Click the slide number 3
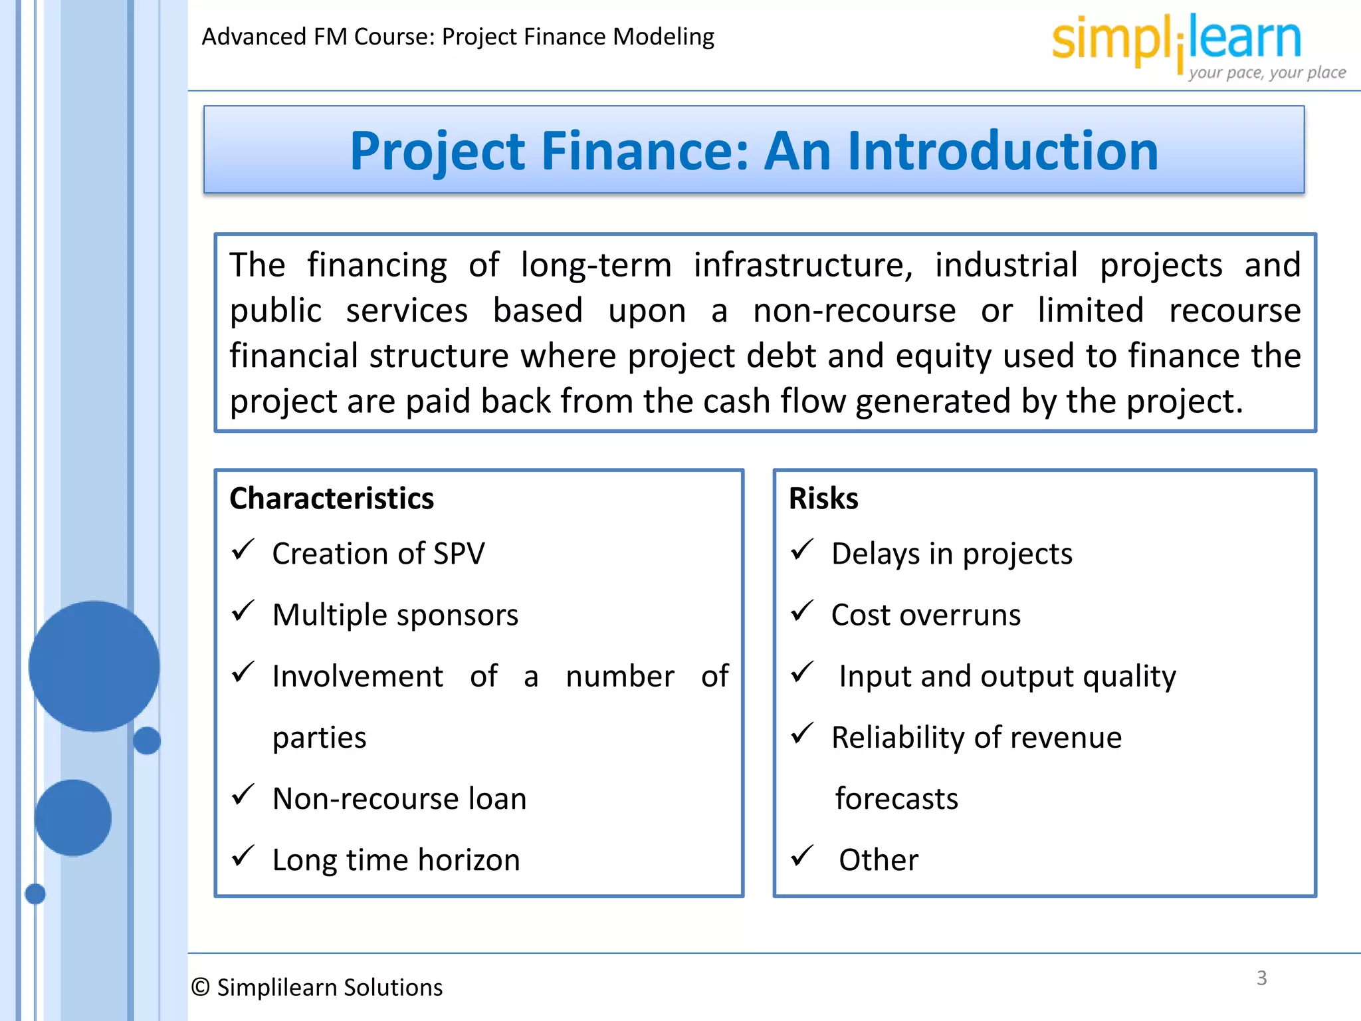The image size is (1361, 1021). (1261, 978)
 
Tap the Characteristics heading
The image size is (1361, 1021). (332, 499)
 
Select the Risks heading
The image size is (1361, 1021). (823, 499)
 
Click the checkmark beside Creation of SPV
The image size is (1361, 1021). (243, 550)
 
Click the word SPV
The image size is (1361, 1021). (459, 554)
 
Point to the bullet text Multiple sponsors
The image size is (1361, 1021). (395, 615)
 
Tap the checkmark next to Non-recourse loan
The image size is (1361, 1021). (243, 794)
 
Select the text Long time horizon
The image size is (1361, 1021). (396, 859)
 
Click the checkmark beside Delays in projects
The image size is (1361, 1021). (802, 550)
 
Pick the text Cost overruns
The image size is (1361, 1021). (926, 615)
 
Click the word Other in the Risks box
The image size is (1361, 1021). (879, 859)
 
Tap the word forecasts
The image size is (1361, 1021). (896, 798)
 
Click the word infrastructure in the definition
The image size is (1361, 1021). (803, 265)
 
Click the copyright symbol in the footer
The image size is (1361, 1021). (200, 987)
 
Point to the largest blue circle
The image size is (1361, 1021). (94, 666)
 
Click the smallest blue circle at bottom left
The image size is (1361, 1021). (35, 894)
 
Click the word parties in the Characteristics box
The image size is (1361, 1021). (320, 738)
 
